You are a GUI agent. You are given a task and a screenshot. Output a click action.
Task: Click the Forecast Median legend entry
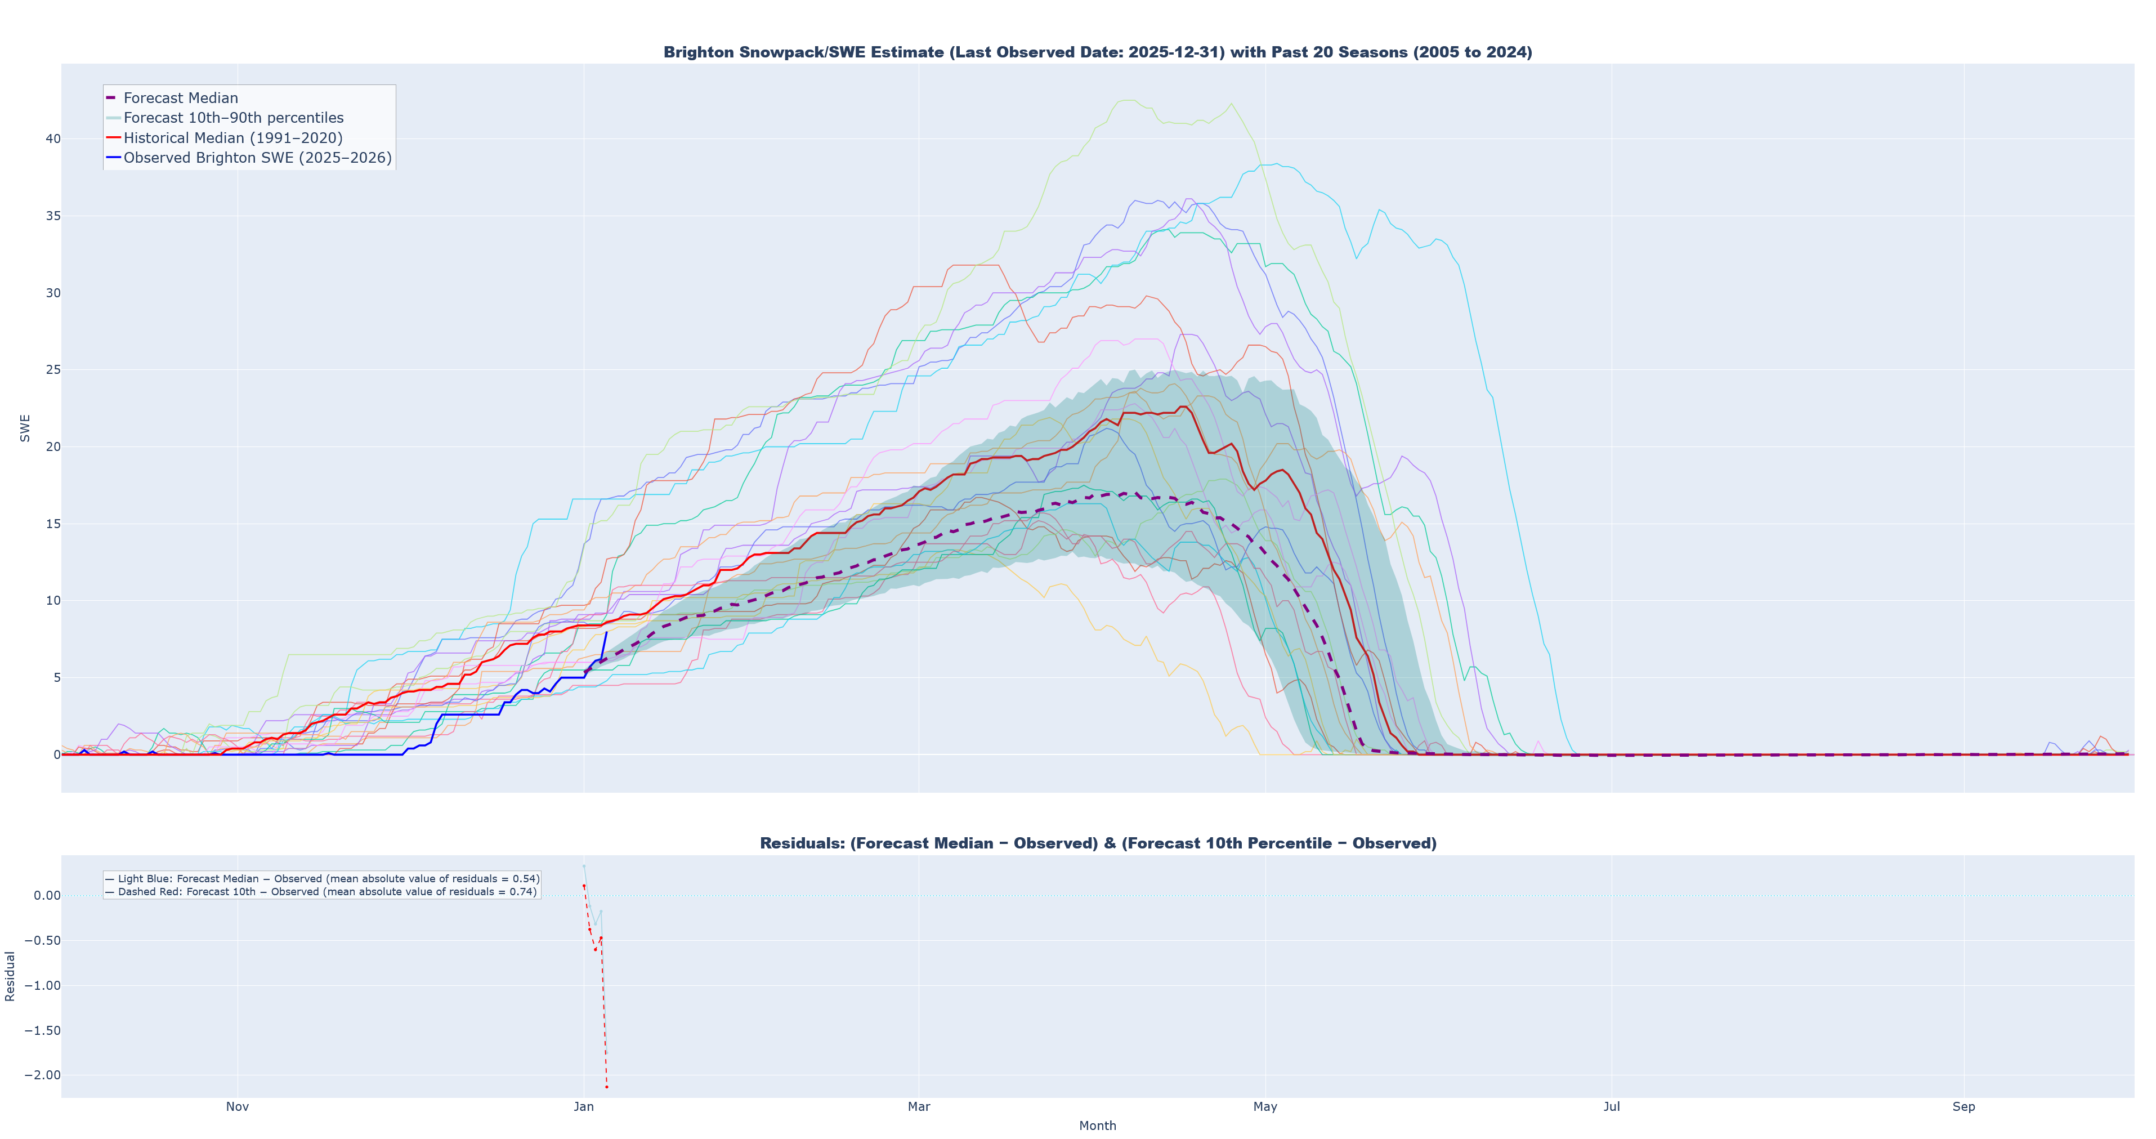click(180, 98)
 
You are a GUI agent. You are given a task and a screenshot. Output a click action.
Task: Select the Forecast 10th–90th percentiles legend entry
click(232, 118)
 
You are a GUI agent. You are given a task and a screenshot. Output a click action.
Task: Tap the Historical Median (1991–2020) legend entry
click(232, 138)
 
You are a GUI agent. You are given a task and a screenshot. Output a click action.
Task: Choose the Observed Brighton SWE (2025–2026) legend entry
click(257, 158)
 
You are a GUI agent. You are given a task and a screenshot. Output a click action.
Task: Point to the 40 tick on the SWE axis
click(53, 139)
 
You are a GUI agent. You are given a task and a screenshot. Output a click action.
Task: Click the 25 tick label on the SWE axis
click(53, 370)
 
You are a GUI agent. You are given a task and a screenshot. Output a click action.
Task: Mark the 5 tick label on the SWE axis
click(56, 678)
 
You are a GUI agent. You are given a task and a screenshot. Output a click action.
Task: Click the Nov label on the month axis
click(238, 1106)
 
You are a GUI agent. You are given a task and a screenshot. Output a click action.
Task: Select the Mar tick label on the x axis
click(919, 1106)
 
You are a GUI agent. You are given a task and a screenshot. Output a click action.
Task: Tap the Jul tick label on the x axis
click(1611, 1106)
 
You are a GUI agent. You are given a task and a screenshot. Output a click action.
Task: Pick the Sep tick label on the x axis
click(1963, 1106)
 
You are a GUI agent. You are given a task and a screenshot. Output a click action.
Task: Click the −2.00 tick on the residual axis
click(42, 1075)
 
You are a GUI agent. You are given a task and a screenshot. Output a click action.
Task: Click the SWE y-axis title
click(25, 428)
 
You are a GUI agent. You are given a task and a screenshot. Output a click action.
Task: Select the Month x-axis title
click(1097, 1125)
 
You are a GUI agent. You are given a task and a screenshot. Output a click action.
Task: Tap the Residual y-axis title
click(10, 976)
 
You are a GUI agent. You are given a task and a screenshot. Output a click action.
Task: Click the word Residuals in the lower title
click(800, 843)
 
